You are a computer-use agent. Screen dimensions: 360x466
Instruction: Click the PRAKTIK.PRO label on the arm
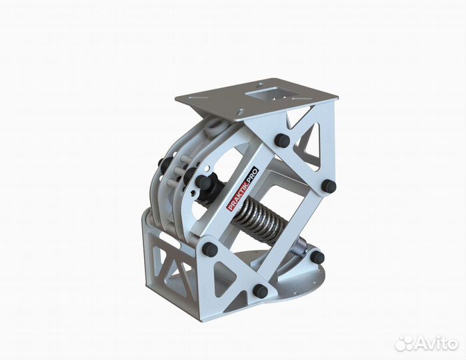(x=243, y=189)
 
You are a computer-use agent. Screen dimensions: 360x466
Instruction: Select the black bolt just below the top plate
(x=282, y=141)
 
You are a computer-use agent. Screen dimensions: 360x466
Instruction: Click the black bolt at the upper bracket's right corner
(x=328, y=186)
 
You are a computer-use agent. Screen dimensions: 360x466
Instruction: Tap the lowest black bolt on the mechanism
(x=261, y=291)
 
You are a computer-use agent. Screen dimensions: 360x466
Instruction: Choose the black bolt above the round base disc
(x=317, y=257)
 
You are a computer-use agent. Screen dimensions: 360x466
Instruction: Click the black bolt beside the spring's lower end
(x=209, y=249)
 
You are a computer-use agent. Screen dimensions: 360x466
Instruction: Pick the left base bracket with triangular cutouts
(x=171, y=263)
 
